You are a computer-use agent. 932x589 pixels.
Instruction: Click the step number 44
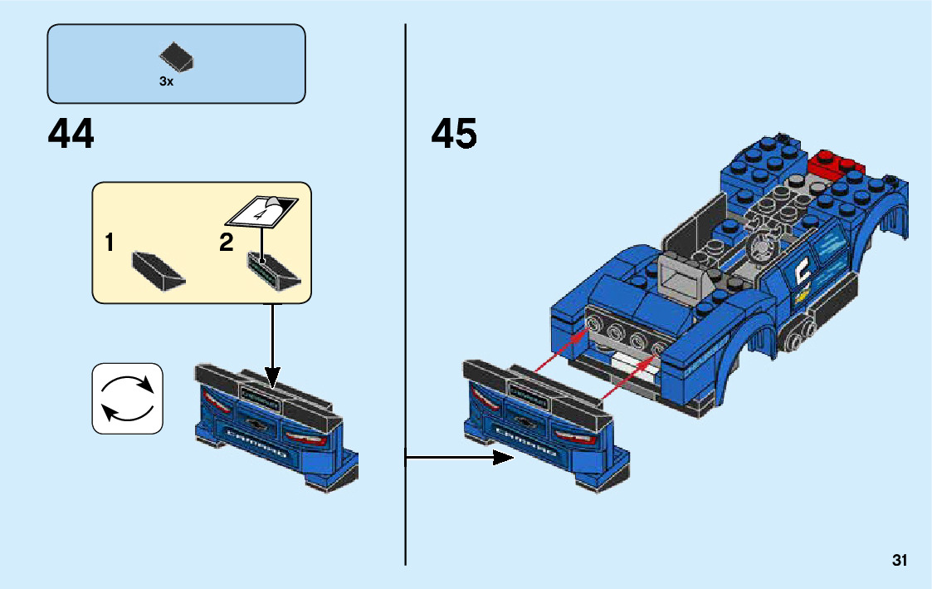pos(71,134)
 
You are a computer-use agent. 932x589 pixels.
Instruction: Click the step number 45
pos(454,134)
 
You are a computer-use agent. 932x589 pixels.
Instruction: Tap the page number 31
pos(900,561)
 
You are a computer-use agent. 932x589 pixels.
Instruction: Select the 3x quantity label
pos(166,82)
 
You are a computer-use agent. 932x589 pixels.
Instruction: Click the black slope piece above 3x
pos(177,56)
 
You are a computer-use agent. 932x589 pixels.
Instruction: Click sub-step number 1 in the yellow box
pos(110,243)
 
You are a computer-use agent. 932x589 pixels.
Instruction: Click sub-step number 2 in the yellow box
pos(227,243)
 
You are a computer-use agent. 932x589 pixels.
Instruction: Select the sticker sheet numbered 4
pos(261,210)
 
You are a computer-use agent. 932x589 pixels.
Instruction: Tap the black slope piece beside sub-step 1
pos(158,269)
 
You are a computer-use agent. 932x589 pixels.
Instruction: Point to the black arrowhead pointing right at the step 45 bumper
pos(504,457)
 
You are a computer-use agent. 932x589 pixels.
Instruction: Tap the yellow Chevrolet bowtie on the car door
pos(802,295)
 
